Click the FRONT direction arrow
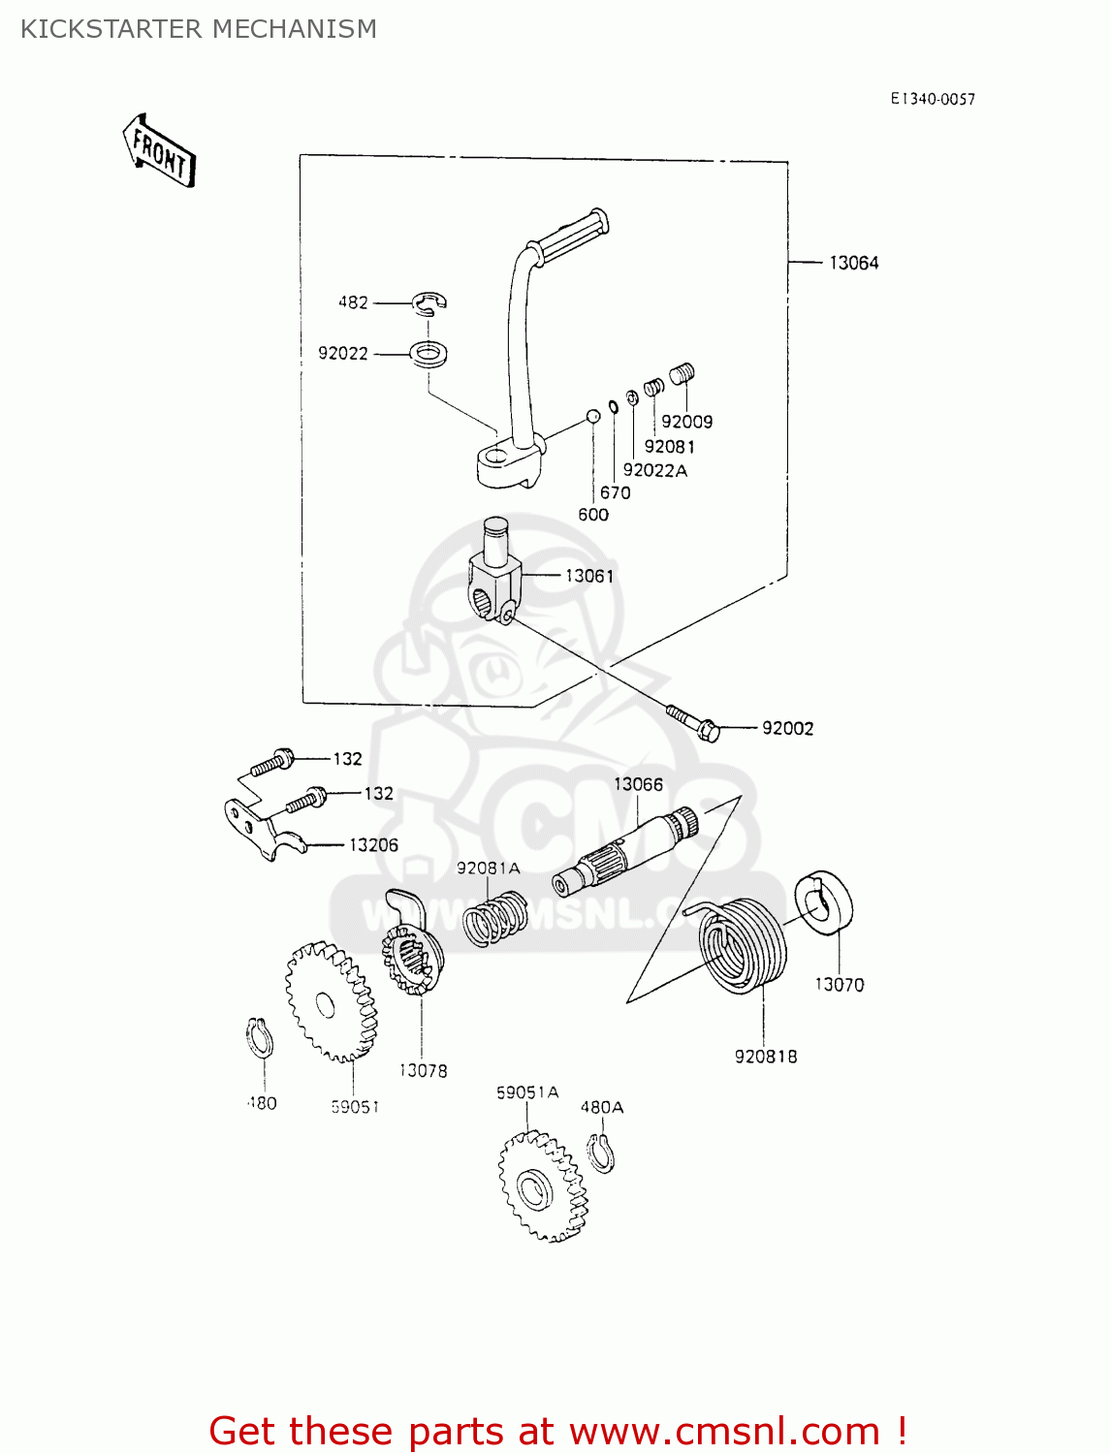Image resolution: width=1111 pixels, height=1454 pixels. (160, 151)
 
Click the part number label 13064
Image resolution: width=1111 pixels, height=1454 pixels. (853, 263)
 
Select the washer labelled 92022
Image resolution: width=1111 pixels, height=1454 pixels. (429, 353)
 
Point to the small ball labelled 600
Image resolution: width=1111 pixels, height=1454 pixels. (592, 416)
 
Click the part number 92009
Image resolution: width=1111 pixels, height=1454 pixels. (686, 422)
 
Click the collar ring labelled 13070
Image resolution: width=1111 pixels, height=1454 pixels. (824, 902)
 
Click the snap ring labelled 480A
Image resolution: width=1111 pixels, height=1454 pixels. (601, 1152)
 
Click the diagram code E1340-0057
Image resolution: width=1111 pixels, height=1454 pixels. (933, 99)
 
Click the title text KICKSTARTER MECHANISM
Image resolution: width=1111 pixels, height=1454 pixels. (199, 29)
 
